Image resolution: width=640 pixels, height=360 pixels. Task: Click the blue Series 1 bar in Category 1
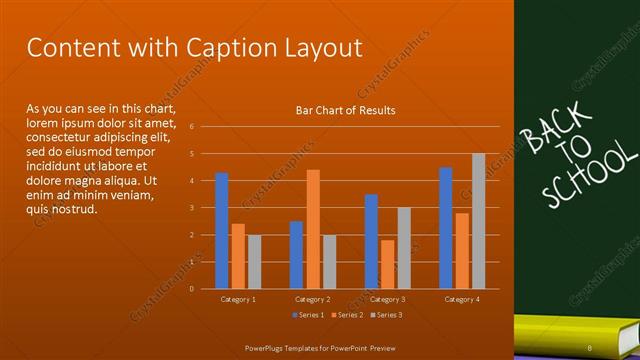click(x=221, y=231)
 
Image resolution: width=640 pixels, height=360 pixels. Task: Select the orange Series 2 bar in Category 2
click(x=313, y=229)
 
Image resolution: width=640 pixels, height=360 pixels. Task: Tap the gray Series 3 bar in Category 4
click(x=478, y=221)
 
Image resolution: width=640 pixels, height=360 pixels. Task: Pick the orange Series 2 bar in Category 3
click(x=387, y=264)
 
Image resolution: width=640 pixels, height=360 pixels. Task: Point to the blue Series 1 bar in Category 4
click(x=445, y=228)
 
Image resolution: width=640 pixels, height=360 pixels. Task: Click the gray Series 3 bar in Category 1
click(x=254, y=262)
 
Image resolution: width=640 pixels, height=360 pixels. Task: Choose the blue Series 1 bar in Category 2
click(x=296, y=255)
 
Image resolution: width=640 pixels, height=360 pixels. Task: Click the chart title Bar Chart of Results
click(x=345, y=110)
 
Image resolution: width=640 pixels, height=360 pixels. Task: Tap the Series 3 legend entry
click(x=386, y=316)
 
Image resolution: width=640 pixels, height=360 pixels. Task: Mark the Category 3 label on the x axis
click(x=387, y=299)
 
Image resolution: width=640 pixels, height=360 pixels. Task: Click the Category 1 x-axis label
click(x=238, y=299)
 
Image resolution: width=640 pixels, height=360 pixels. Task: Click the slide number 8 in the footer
click(x=590, y=347)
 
